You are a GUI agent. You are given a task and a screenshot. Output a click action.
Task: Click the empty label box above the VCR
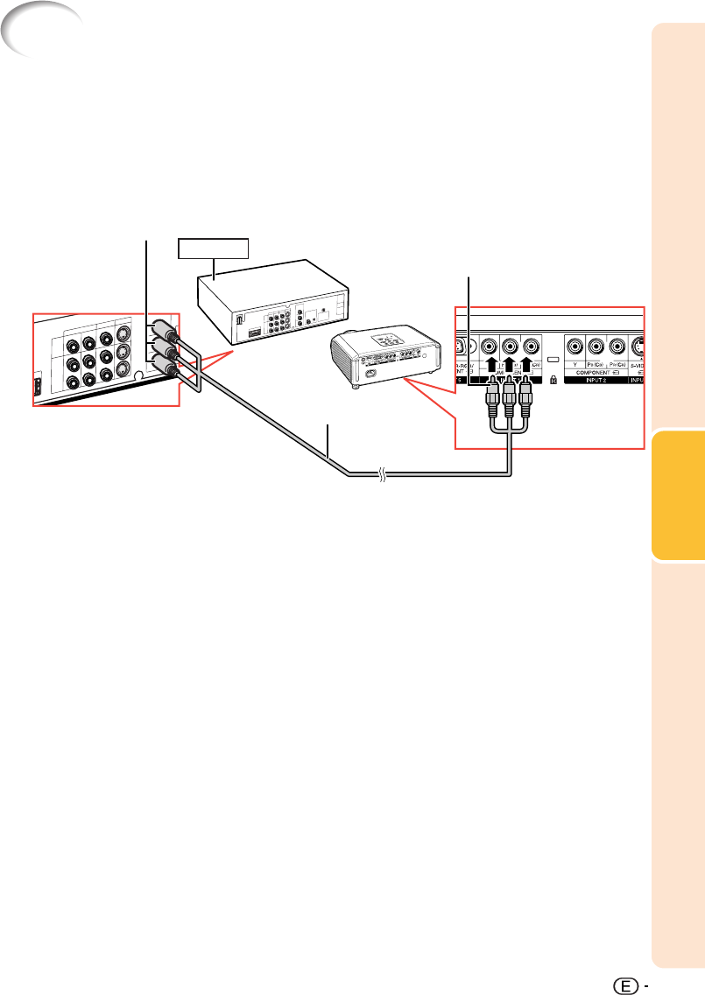click(x=213, y=248)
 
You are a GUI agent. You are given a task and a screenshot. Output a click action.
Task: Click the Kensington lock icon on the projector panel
click(x=551, y=382)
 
